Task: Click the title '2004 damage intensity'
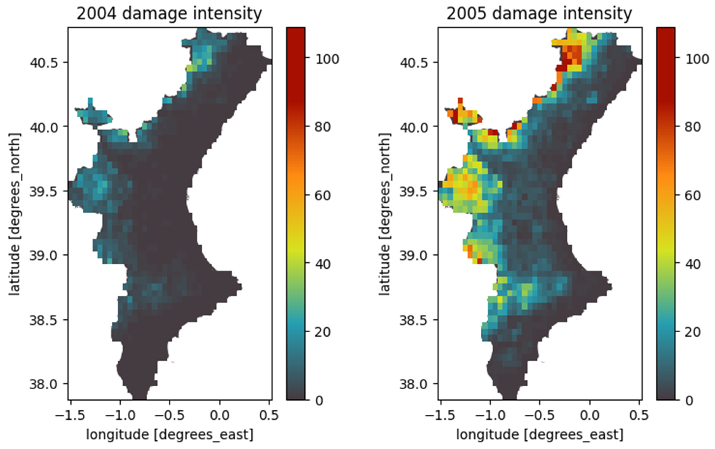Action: point(169,14)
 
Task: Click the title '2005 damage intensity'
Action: point(539,14)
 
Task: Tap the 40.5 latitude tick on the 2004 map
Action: point(44,63)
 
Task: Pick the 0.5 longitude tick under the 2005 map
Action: point(639,415)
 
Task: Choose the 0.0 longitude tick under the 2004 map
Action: point(220,415)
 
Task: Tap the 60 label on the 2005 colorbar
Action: point(692,196)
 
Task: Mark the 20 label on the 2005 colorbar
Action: point(692,332)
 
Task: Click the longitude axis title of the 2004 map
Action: point(170,435)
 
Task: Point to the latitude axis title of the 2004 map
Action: point(14,214)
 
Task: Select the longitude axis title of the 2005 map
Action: point(540,435)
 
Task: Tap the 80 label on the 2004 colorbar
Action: point(323,127)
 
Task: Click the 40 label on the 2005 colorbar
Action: point(692,264)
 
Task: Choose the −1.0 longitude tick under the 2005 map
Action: point(490,415)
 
